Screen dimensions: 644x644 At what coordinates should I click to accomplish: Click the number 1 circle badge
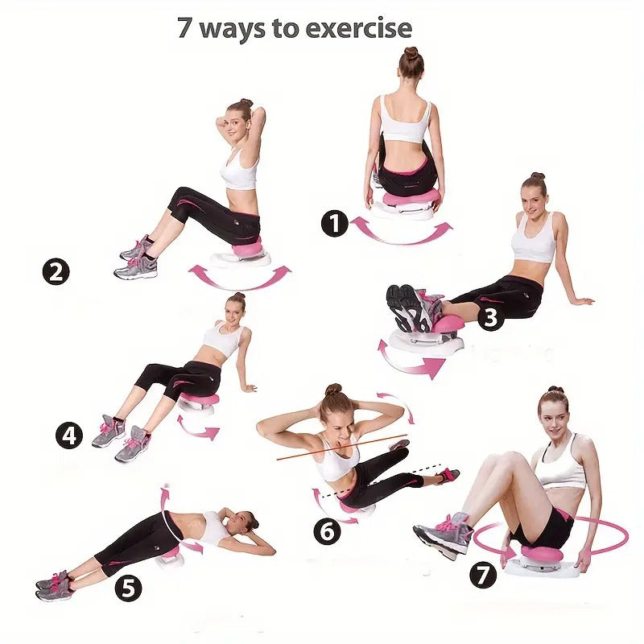click(334, 224)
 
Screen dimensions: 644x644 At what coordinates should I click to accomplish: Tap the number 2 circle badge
click(56, 271)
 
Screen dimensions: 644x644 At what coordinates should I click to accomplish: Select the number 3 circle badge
click(491, 317)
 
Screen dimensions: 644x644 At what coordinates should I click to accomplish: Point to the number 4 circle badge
click(69, 436)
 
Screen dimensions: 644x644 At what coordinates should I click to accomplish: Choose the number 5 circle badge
click(128, 588)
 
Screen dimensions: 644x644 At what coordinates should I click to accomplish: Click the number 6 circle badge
click(327, 531)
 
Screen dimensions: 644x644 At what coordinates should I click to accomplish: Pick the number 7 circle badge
click(483, 575)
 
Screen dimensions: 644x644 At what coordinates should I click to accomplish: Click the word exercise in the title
click(358, 28)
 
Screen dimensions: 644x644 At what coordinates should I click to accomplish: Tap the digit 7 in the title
click(184, 28)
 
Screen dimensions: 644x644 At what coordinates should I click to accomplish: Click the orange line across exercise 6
click(341, 447)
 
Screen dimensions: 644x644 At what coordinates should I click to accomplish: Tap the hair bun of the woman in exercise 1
click(411, 52)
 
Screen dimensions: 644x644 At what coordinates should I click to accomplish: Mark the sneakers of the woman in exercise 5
click(54, 585)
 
